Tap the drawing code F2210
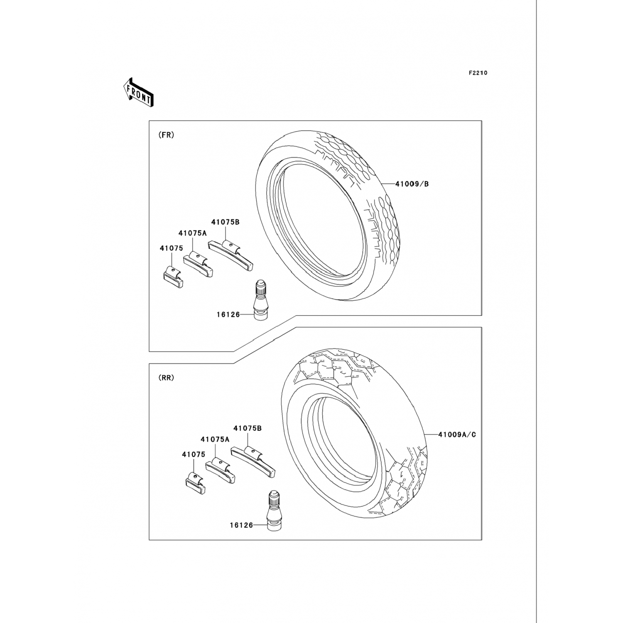(x=478, y=73)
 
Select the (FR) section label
(x=167, y=135)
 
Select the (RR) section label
(x=167, y=378)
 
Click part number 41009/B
(x=412, y=184)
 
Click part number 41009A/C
(x=457, y=435)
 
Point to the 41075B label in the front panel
(x=225, y=222)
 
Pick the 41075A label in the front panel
(x=193, y=233)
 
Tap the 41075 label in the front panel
(x=171, y=248)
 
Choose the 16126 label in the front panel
(x=228, y=315)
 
